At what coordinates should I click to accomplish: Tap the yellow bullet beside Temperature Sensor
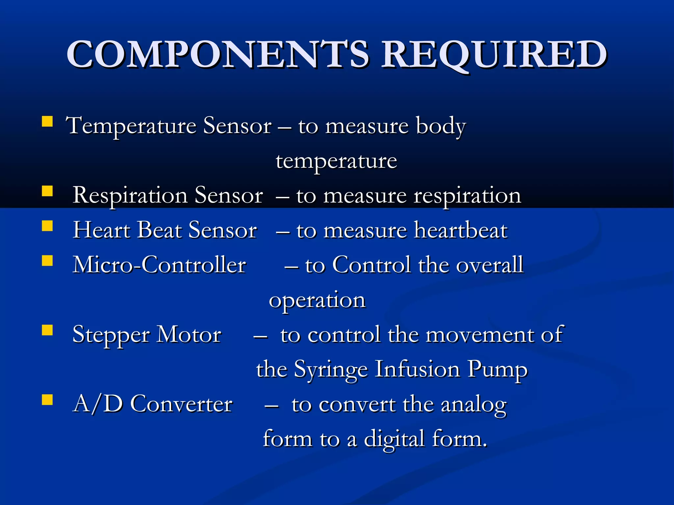tap(47, 121)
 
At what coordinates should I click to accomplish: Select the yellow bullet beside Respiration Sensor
tap(47, 191)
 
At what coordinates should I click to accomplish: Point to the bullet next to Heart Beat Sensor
tap(47, 226)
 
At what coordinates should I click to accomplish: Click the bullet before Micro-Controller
tap(47, 261)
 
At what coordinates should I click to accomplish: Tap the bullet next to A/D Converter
tap(47, 399)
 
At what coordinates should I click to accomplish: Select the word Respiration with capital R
tap(130, 196)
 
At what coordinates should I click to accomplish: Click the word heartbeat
tap(461, 230)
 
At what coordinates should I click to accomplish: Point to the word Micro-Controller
tap(159, 265)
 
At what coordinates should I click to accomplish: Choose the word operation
tap(317, 301)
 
